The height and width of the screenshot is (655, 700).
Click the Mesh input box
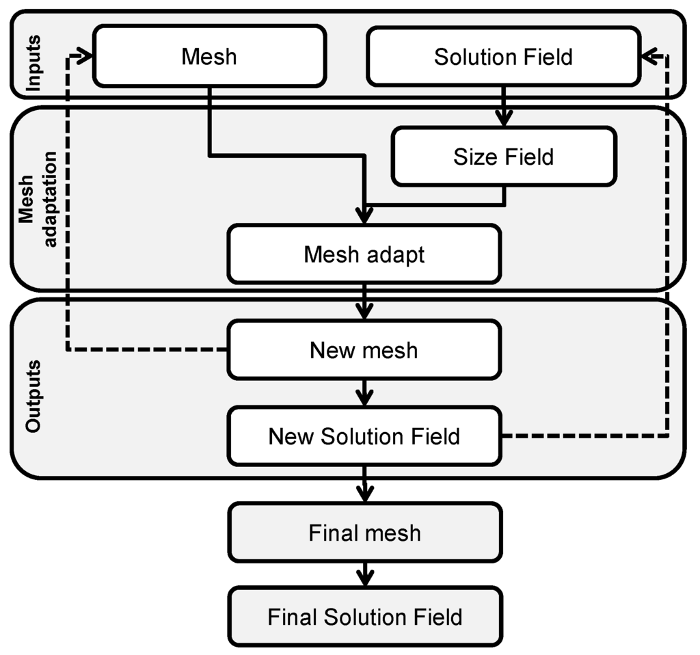209,56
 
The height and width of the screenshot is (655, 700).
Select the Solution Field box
504,56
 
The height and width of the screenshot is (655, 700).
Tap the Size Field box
504,157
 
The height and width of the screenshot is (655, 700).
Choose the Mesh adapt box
364,254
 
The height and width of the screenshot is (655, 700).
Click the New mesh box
364,350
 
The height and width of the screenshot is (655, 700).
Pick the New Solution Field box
364,436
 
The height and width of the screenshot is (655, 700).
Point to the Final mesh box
365,532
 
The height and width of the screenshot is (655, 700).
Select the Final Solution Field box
365,617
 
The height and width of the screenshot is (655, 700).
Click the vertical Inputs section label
33,63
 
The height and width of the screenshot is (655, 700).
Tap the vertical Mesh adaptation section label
38,199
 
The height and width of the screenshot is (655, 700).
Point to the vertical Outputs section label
33,396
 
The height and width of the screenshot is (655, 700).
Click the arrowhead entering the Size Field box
504,119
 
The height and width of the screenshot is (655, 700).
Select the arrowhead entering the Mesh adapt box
365,215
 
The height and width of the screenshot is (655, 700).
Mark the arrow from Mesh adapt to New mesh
365,302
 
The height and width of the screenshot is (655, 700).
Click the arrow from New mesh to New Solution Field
365,393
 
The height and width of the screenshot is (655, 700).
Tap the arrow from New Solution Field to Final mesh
365,485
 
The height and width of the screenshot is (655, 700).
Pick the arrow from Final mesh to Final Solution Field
366,574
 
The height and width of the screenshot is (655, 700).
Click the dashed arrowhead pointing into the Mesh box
85,56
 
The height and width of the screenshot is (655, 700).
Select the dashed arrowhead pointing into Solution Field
649,57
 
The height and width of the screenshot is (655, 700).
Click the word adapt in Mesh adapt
396,255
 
